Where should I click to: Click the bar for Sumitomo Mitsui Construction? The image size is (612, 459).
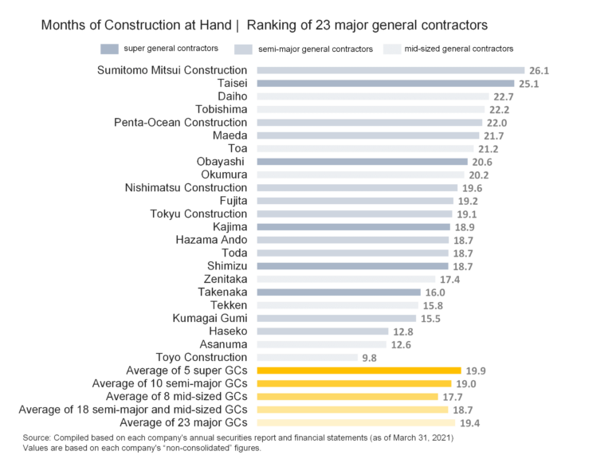point(387,70)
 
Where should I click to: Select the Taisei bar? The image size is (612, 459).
point(383,83)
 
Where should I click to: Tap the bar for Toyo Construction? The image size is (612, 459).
point(304,358)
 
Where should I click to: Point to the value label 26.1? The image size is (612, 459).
point(539,71)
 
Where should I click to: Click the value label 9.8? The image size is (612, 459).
point(369,359)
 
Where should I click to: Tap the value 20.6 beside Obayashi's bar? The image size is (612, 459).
point(482,162)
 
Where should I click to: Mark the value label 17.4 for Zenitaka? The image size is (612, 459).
point(449,280)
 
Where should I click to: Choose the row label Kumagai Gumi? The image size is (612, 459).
point(210,318)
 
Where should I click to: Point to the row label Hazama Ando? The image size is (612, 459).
point(211,240)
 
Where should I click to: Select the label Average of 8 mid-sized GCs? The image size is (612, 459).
point(177,396)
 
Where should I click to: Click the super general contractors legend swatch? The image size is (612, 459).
point(110,49)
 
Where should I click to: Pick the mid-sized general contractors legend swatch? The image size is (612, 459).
point(391,49)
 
